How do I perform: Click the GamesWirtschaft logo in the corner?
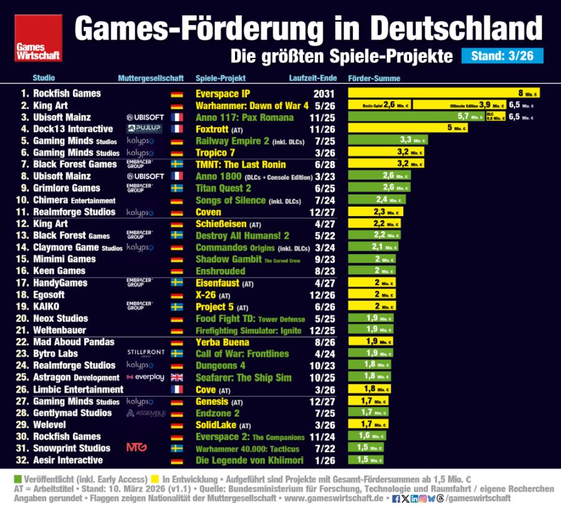coord(38,38)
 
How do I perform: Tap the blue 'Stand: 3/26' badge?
coord(502,56)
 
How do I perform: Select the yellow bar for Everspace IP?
coord(443,93)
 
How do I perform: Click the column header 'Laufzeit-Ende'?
coord(313,78)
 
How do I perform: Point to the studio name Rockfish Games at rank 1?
coord(67,93)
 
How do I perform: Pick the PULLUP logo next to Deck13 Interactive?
coord(145,129)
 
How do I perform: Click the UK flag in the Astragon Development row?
coord(176,377)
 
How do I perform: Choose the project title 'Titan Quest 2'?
coord(223,188)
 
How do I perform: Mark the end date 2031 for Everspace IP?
coord(324,93)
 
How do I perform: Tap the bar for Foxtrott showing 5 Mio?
coord(408,129)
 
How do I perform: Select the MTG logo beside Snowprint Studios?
coord(137,448)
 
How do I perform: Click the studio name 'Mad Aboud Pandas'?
coord(74,342)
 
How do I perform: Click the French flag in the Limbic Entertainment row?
coord(176,389)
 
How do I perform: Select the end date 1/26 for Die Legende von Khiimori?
coord(324,460)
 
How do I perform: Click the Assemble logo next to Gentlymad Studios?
coord(145,413)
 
